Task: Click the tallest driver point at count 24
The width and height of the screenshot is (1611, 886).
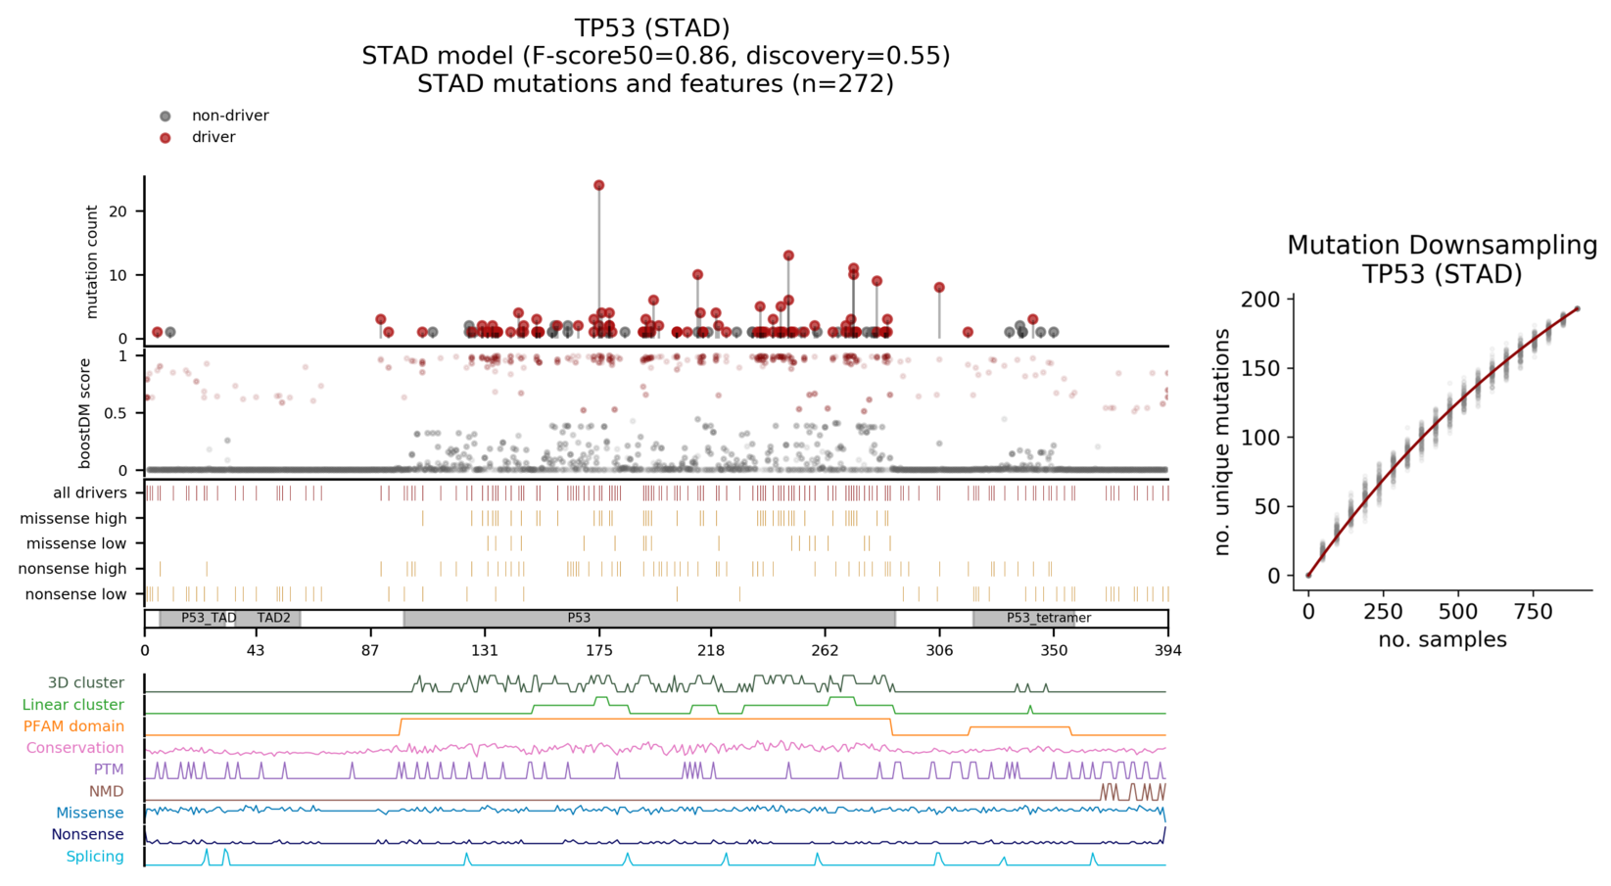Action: (598, 185)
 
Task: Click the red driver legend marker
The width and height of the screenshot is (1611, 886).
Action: (166, 138)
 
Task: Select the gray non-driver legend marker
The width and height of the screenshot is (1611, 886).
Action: (166, 117)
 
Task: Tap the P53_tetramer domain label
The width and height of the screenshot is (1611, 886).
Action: (1048, 618)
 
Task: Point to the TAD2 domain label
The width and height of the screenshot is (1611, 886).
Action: (273, 618)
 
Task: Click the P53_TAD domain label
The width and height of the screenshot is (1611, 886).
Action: (209, 618)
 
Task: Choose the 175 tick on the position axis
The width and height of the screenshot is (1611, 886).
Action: (598, 650)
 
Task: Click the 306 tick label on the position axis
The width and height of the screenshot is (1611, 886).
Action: (939, 650)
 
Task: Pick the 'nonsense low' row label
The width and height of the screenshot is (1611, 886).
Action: (75, 594)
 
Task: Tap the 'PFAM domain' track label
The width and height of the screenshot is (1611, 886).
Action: (73, 726)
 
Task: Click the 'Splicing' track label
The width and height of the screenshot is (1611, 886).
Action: (95, 857)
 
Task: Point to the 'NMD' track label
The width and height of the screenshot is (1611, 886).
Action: (106, 791)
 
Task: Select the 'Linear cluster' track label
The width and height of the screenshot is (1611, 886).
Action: (72, 705)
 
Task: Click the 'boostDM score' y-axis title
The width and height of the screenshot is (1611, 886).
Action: (85, 413)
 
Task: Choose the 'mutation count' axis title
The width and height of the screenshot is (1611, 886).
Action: (92, 261)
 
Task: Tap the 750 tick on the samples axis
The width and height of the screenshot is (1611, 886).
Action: (1533, 612)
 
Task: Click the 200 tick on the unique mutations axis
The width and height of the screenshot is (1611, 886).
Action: (1260, 300)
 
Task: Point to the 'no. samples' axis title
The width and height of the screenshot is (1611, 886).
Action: (1442, 640)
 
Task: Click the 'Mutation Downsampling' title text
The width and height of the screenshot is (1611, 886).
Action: (1442, 245)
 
